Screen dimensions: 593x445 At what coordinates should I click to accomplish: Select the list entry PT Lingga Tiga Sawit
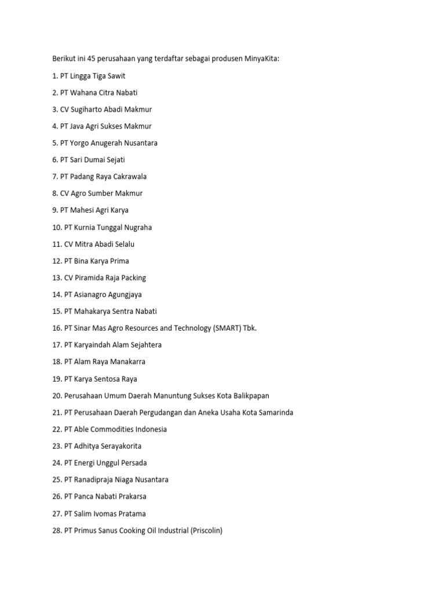89,76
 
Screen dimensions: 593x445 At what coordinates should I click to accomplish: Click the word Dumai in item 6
101,160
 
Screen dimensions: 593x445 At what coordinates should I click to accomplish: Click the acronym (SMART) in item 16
228,328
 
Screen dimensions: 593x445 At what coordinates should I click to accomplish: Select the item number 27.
57,514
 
